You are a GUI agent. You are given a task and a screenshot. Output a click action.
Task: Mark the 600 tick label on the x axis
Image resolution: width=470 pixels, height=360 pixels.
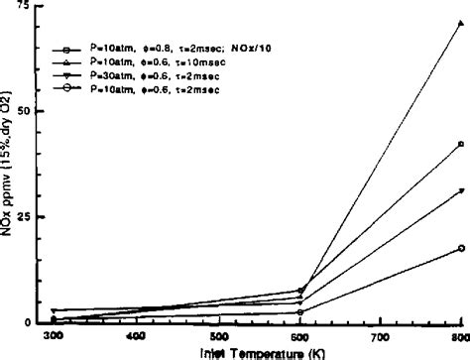tap(299, 337)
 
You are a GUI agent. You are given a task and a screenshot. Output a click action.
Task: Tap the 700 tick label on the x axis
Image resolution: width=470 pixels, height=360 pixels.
tap(381, 337)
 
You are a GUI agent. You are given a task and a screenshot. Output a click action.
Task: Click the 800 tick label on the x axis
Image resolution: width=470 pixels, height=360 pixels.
tap(459, 337)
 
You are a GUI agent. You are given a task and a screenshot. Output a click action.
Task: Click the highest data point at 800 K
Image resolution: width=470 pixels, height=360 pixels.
tap(461, 23)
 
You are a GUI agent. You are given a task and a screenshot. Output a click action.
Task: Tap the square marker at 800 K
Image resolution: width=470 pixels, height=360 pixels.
tap(461, 144)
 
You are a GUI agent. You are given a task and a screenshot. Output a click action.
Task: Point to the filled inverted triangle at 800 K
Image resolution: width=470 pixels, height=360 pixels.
tap(461, 191)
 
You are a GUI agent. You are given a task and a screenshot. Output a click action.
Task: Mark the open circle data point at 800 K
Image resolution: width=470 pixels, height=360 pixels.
tap(461, 248)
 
